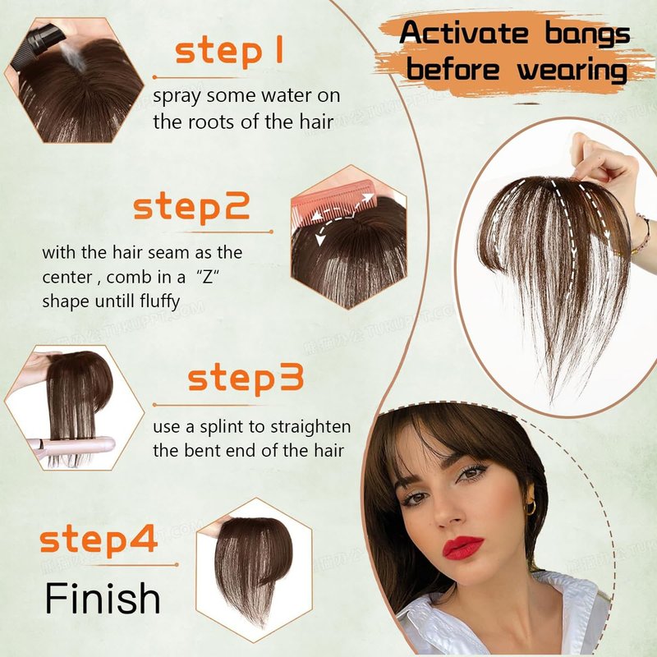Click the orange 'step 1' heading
coord(229,51)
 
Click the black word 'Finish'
coord(103,598)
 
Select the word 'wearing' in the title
coord(572,70)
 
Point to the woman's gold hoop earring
coord(531,508)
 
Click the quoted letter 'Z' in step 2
coord(208,277)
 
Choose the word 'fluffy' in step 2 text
coord(159,301)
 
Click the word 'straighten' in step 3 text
coord(310,427)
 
